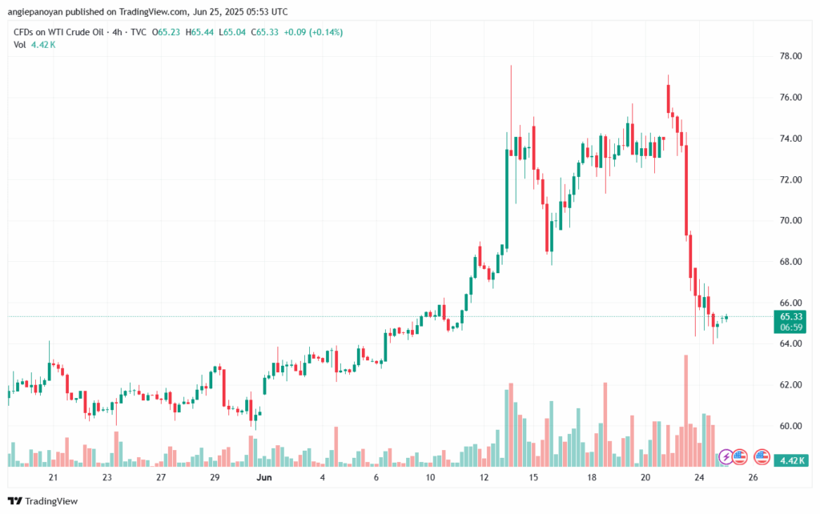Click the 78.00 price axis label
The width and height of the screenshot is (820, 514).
790,56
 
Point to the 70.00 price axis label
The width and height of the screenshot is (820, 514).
790,220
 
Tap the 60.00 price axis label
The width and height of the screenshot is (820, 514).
790,426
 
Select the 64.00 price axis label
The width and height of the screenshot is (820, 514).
790,343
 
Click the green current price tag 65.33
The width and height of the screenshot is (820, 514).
791,317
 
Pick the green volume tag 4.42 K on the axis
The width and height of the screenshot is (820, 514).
791,460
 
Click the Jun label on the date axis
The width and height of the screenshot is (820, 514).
263,477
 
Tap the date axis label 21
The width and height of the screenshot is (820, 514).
53,477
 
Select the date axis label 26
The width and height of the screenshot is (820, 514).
753,477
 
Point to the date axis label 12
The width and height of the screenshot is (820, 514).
484,477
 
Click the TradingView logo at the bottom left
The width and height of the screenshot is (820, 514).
43,501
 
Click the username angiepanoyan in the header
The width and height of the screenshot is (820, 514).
38,12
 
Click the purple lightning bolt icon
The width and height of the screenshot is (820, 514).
726,456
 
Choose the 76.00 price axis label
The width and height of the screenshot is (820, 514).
790,97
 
